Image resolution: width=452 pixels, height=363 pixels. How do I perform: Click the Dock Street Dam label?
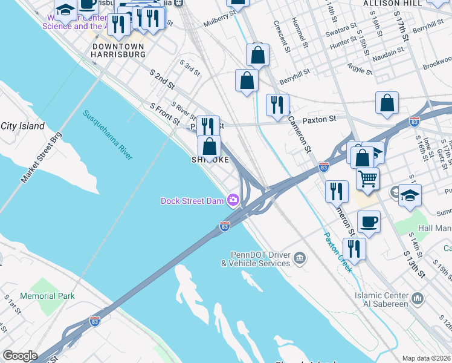coord(192,201)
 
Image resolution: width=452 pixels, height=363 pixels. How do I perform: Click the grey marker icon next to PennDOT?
coord(299,259)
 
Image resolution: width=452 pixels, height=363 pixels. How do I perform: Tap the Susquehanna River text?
coord(108,135)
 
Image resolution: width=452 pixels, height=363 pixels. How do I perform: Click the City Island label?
coord(22,126)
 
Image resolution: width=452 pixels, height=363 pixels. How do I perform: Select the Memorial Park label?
coord(47,296)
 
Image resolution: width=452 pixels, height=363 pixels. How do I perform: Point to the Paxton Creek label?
coord(337,252)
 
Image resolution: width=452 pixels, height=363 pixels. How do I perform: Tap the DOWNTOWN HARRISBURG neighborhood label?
coord(118,50)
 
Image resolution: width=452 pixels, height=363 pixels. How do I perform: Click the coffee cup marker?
coord(369,222)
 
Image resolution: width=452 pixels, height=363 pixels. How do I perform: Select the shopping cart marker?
coord(368,178)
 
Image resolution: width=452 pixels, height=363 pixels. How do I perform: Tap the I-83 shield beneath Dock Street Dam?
coord(224,226)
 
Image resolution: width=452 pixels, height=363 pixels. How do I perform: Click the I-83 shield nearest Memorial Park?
coord(94,321)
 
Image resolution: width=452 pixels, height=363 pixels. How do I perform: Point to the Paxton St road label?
coord(319,120)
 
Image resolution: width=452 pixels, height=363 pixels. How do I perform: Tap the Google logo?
coord(20,356)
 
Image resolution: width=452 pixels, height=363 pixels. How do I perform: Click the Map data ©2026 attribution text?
coord(426,358)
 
